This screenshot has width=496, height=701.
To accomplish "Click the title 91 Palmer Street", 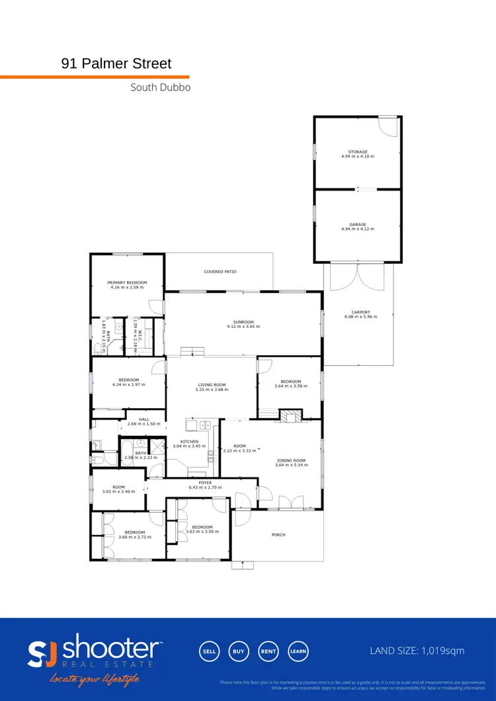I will pos(116,63).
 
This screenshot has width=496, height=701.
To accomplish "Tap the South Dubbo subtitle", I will pos(160,87).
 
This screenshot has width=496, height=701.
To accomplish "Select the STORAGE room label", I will pos(358,152).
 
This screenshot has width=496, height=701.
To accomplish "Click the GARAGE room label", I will pos(358,225).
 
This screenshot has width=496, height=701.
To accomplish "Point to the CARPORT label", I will pos(358,313).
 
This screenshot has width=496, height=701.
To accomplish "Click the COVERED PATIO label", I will pos(220,272).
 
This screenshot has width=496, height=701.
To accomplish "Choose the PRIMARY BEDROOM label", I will pos(127,282).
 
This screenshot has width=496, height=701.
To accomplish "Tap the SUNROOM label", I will pos(243,322).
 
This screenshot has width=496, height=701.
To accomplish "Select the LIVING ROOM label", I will pos(212,385).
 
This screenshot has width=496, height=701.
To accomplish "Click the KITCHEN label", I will pos(190,442).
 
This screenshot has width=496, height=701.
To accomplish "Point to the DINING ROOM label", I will pos(291,460).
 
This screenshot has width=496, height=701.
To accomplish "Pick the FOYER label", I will pos(205,483).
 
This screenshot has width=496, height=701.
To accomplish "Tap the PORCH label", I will pos(278,534).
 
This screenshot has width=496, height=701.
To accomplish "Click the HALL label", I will pos(144,419).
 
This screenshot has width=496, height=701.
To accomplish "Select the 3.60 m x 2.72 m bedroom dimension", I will pos(135,537).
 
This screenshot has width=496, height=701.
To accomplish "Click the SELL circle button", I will pos(209,651).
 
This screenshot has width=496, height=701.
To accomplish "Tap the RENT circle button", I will pos(268,651).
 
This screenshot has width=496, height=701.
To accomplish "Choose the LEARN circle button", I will pos(298,651).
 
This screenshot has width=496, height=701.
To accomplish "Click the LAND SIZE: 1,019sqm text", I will pos(417,651).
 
